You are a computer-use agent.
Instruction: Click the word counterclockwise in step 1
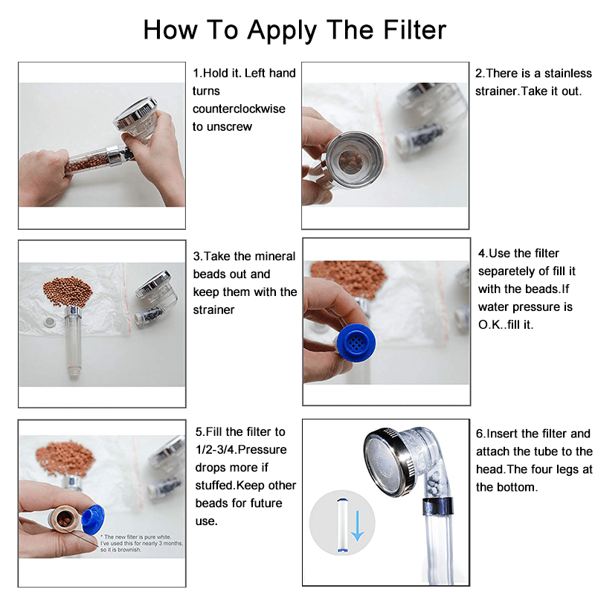click(239, 109)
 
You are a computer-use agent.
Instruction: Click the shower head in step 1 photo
click(145, 127)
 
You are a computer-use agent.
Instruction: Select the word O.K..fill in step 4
click(511, 324)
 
